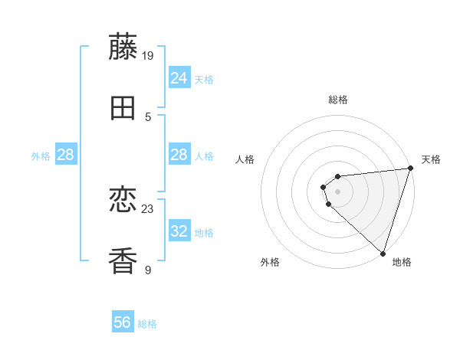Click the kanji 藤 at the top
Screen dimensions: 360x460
click(123, 47)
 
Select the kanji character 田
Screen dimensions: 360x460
click(123, 109)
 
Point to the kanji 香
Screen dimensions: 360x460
click(123, 261)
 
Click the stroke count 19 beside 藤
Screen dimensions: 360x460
click(149, 55)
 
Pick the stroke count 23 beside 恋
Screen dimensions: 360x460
click(149, 208)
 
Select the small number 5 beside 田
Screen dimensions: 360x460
click(148, 116)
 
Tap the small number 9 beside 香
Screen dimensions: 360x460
click(148, 270)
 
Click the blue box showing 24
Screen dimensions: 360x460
click(179, 78)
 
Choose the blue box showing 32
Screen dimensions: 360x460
click(179, 231)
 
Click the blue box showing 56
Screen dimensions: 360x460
click(123, 323)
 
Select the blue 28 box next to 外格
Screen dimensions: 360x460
click(66, 155)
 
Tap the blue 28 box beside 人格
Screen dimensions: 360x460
click(179, 155)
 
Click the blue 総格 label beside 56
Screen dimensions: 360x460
click(147, 324)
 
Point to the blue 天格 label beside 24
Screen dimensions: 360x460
click(204, 79)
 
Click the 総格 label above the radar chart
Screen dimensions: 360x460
click(338, 100)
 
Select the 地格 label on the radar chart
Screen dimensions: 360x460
click(402, 262)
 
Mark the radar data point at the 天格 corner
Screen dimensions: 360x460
click(410, 169)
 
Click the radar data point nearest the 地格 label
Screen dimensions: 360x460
click(383, 253)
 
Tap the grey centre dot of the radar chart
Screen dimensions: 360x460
click(338, 191)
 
